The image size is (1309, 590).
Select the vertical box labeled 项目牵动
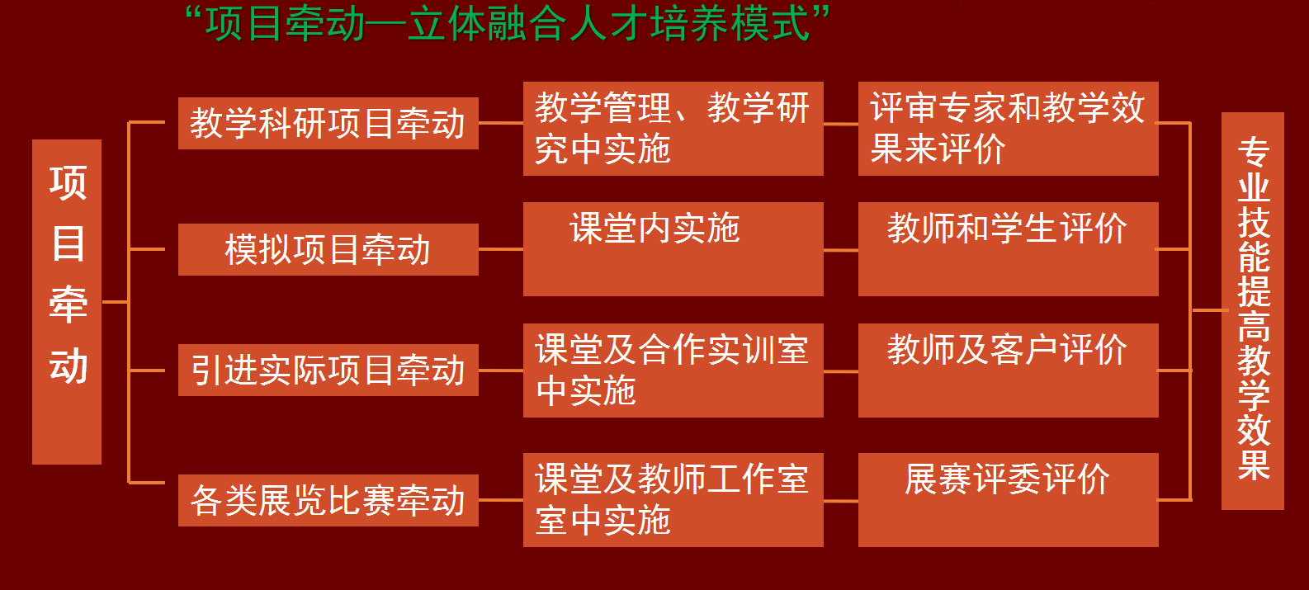[67, 301]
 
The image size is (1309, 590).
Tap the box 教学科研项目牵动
[328, 123]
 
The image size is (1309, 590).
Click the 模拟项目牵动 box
[328, 249]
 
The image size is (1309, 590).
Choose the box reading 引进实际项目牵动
[328, 370]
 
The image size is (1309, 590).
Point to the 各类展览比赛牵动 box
[328, 500]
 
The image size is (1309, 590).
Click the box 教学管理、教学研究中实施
[673, 129]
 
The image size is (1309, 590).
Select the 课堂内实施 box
[673, 249]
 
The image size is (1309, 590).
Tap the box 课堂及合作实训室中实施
[673, 371]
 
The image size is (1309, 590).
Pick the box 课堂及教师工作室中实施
[673, 500]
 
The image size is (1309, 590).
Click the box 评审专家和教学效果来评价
[1009, 129]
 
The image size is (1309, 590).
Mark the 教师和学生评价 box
[1009, 249]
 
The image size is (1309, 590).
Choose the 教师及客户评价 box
[1009, 371]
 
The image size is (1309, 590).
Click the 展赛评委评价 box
[1009, 500]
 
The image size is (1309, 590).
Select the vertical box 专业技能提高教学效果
[1253, 311]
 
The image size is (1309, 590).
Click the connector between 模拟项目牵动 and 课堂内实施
[501, 249]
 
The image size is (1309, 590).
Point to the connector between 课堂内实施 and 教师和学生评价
[841, 250]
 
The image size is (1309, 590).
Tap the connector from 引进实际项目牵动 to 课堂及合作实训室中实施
[501, 371]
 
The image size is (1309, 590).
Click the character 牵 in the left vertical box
[69, 304]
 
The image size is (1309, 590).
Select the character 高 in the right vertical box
[1254, 325]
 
